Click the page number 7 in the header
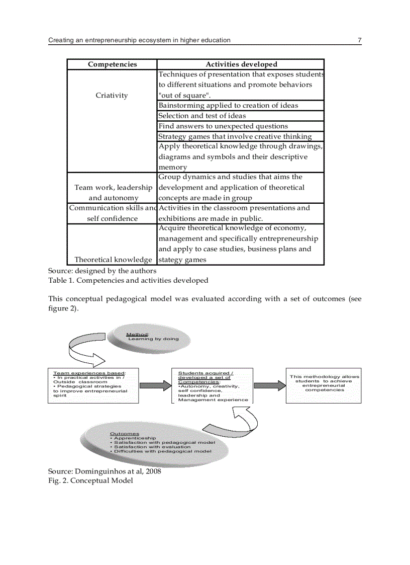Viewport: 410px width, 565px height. [x=359, y=40]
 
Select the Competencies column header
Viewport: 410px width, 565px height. [x=112, y=64]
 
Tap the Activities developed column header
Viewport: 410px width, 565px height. [x=241, y=64]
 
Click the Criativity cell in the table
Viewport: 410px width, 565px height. [x=112, y=96]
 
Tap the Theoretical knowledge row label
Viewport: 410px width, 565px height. [x=113, y=260]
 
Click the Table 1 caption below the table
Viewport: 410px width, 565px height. [x=128, y=280]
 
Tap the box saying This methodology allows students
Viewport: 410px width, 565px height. [x=324, y=385]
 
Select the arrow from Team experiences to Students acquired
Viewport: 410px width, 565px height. [x=155, y=386]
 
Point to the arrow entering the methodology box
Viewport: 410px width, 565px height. [x=269, y=386]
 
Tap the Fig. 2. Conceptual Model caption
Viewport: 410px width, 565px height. [x=90, y=480]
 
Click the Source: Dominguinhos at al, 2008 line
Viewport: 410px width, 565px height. [x=105, y=471]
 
